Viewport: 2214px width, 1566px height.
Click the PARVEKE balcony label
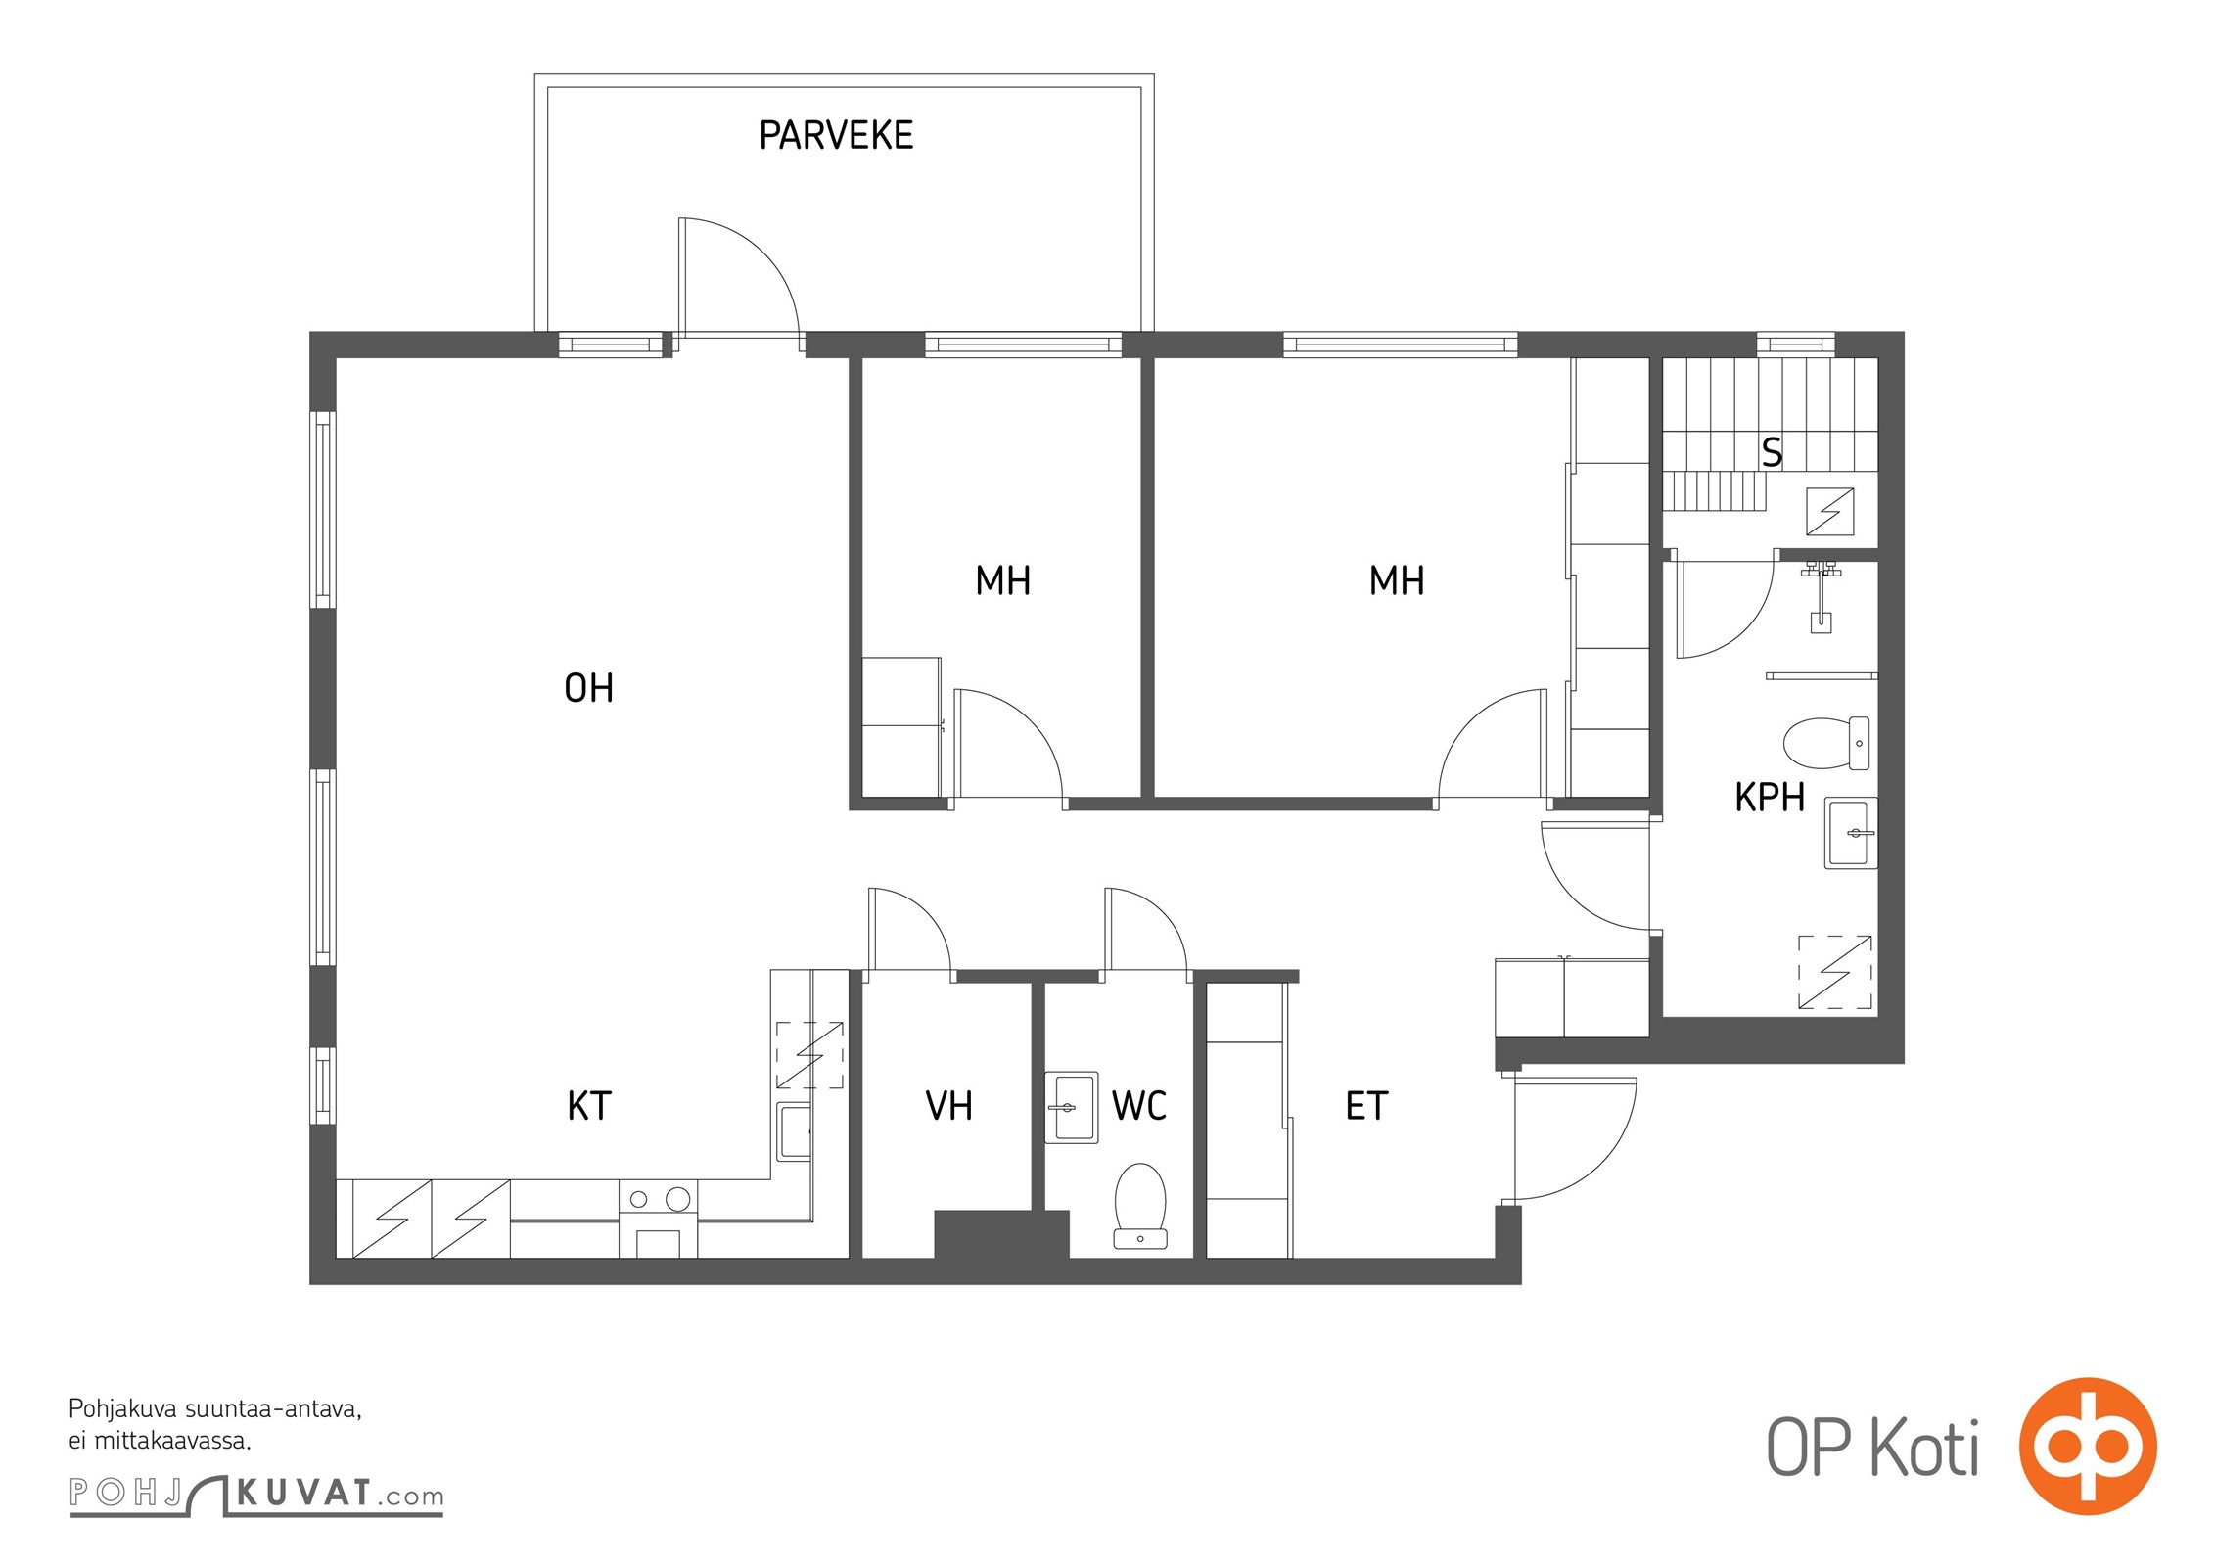pos(836,135)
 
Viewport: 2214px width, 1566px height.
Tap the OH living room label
pos(589,688)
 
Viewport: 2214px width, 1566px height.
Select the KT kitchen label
pos(589,1106)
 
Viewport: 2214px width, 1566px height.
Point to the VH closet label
pos(948,1106)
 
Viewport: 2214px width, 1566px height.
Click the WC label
pos(1139,1106)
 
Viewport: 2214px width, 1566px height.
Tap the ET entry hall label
pos(1366,1106)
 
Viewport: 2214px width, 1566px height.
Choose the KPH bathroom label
pos(1770,798)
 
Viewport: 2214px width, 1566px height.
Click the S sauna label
pos(1772,452)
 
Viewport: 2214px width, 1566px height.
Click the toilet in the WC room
pos(1140,1206)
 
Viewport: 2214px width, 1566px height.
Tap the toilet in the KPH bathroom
pos(1826,743)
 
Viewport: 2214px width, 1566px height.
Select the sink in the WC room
pos(1072,1108)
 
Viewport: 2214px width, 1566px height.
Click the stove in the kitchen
pos(659,1219)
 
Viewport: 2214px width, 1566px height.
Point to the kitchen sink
pos(795,1131)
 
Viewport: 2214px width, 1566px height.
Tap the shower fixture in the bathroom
pos(1821,596)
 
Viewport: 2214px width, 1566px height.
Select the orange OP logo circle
pos(2088,1447)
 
